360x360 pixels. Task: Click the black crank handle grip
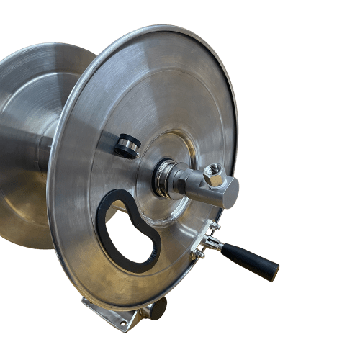pos(251,261)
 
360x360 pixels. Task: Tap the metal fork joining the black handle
pos(212,243)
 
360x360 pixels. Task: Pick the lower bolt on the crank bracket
pos(198,254)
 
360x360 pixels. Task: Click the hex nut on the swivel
pos(213,175)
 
